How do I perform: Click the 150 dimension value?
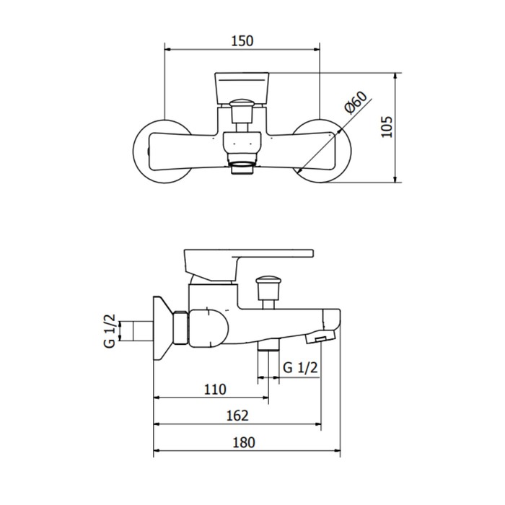[242, 41]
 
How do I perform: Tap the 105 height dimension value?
[387, 127]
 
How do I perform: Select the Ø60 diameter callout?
[356, 102]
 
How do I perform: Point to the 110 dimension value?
[215, 390]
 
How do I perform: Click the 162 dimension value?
[237, 416]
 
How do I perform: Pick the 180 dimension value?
[244, 442]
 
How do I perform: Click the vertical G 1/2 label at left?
[110, 330]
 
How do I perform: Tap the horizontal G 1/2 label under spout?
[300, 367]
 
